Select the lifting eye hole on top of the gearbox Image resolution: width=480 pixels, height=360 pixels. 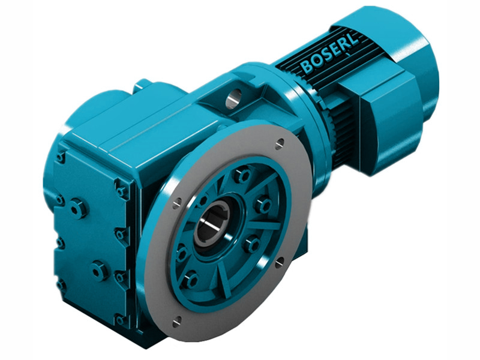[x=235, y=95]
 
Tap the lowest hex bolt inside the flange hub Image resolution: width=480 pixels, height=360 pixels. [x=191, y=280]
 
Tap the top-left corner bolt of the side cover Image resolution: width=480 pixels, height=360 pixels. [x=61, y=157]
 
